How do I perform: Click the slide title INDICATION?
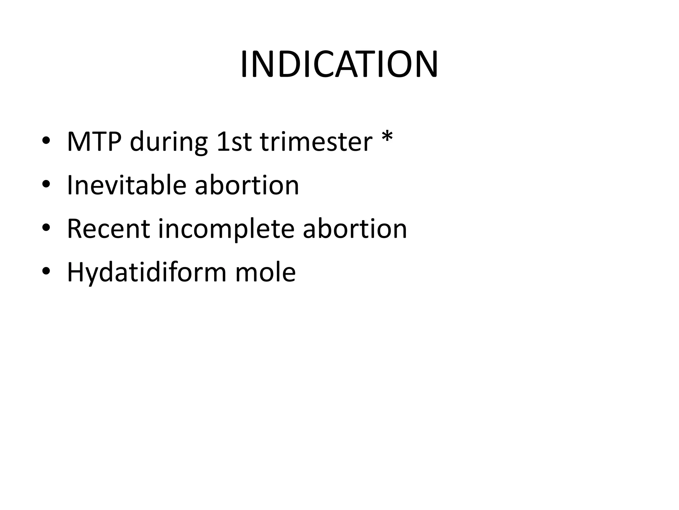coord(339,65)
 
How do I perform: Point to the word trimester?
coord(316,142)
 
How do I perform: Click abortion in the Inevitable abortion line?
coord(247,185)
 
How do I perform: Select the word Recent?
coord(108,229)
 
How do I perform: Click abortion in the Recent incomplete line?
coord(355,229)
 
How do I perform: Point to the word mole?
coord(265,272)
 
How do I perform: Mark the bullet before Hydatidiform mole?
coord(46,271)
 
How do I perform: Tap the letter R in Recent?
coord(75,229)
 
